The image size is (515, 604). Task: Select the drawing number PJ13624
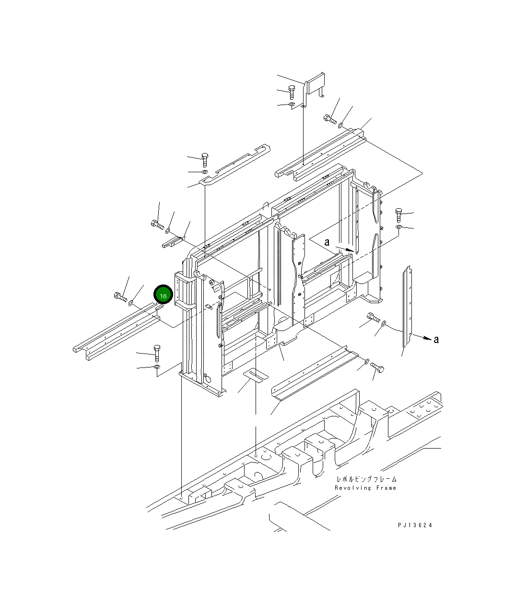coord(415,525)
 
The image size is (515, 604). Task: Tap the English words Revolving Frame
coord(365,488)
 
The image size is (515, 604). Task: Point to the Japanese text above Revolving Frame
coord(367,479)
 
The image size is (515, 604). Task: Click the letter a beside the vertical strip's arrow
coord(436,340)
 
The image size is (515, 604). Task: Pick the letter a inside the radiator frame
coord(327,242)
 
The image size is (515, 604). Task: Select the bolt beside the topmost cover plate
coord(292,92)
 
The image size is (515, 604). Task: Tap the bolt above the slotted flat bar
coord(205,160)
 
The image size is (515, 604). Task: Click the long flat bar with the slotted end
coord(235,164)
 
